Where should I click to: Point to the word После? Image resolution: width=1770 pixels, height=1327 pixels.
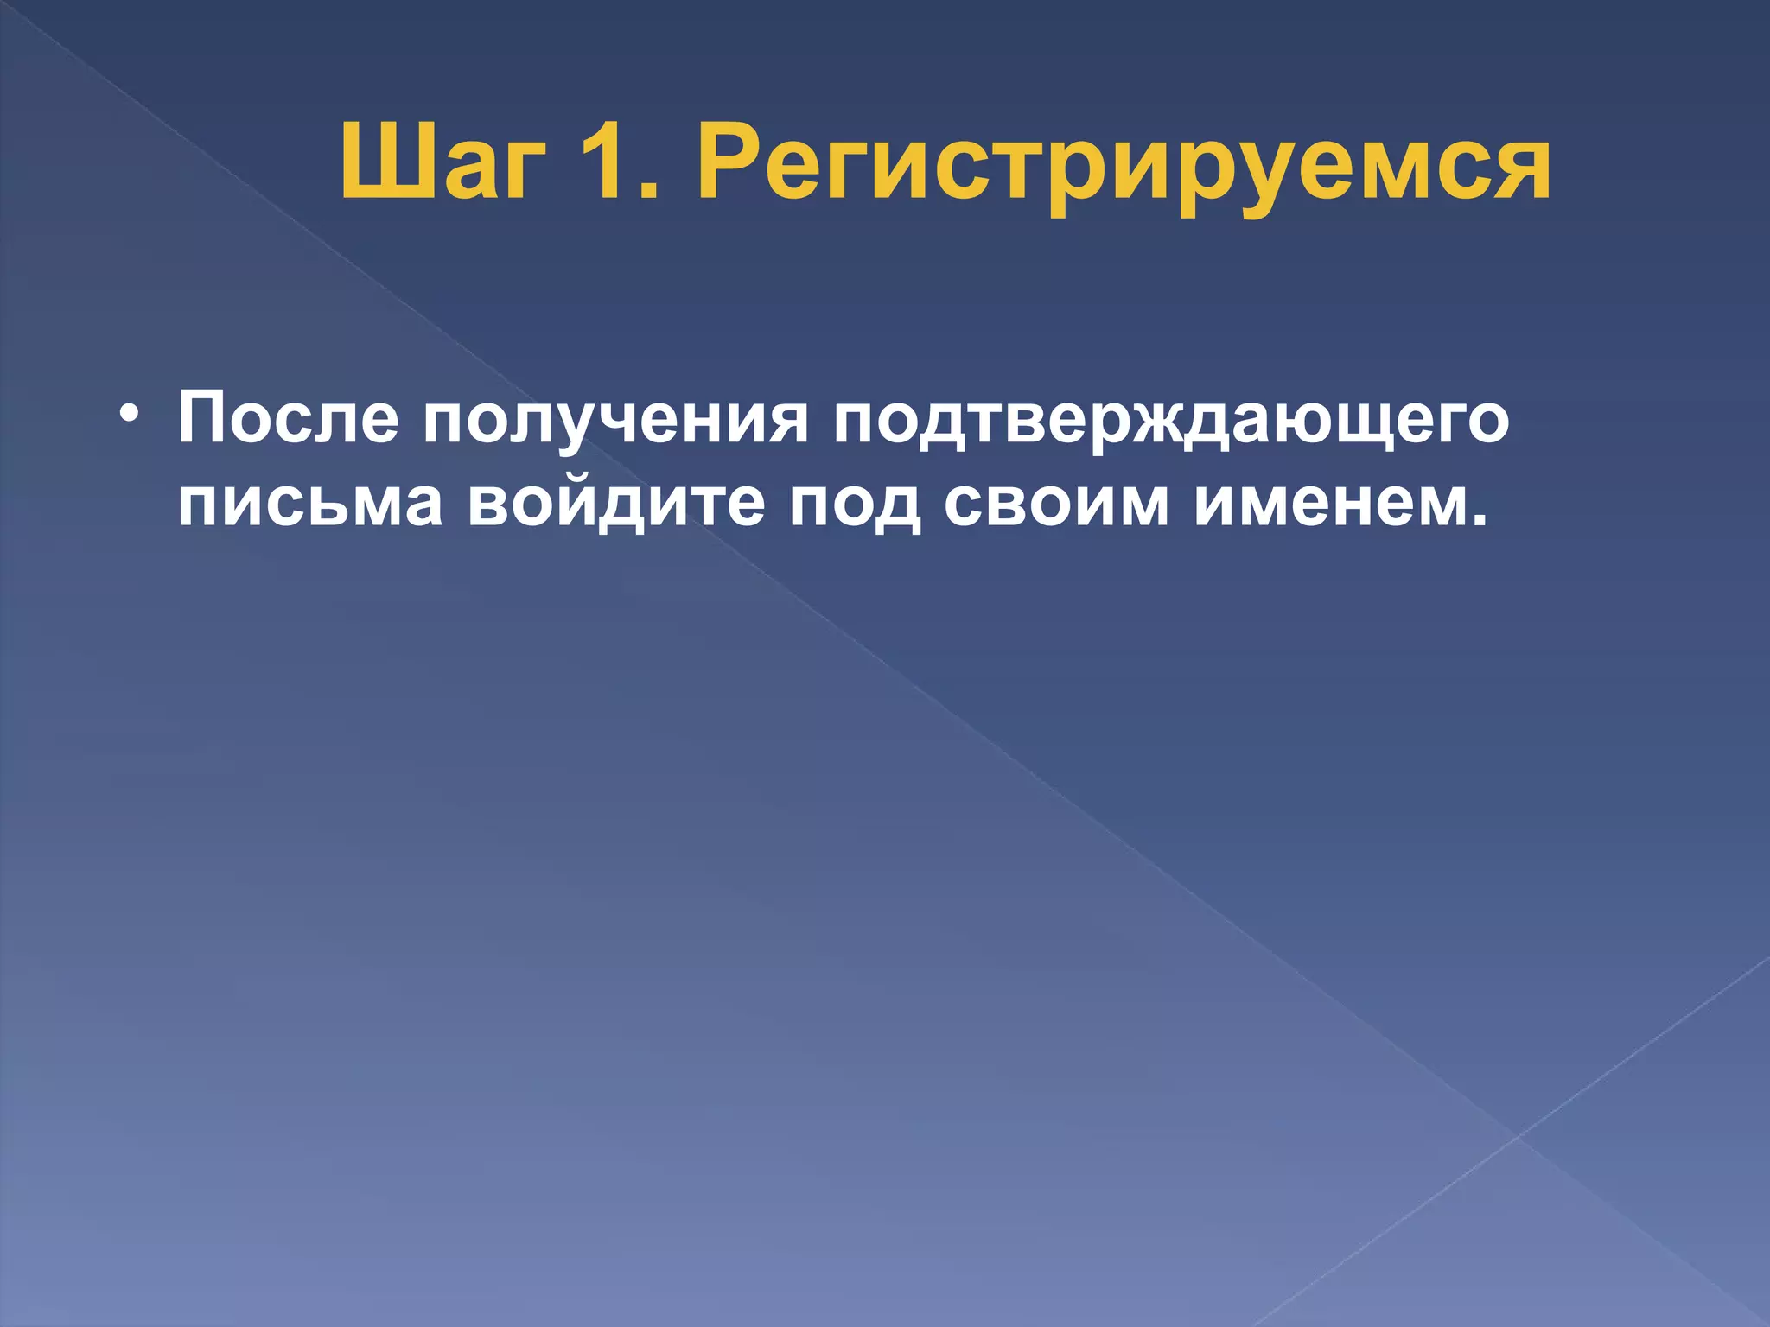(x=288, y=419)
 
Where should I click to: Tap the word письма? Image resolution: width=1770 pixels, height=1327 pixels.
(x=310, y=503)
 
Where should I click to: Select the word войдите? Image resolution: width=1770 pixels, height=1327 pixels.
(x=616, y=503)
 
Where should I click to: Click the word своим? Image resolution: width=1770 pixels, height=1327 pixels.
(x=1055, y=503)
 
